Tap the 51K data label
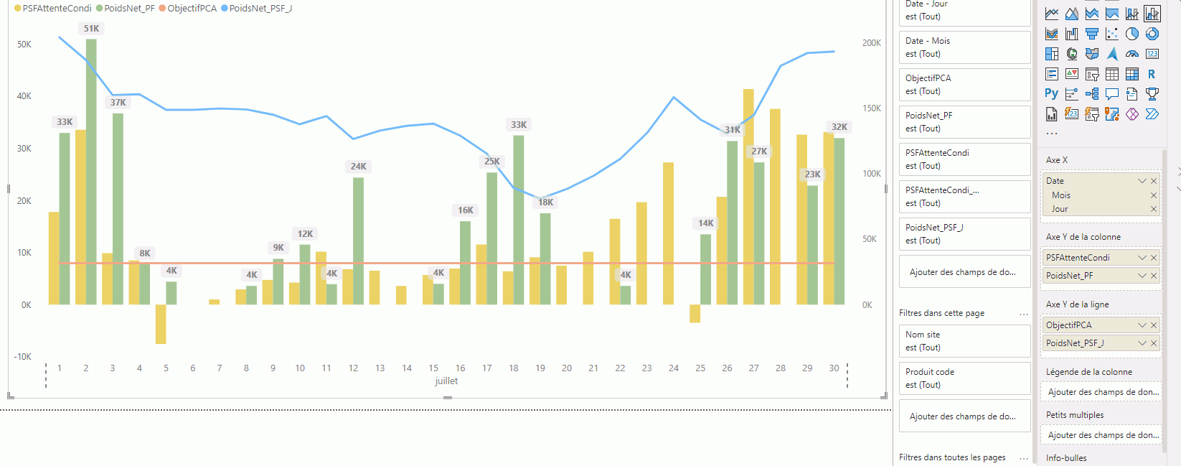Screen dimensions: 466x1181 (x=91, y=29)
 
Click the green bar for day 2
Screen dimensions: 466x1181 (x=91, y=172)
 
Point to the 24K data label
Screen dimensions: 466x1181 (x=358, y=167)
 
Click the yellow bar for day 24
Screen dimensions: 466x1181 (x=668, y=233)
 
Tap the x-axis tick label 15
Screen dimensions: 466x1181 (x=433, y=368)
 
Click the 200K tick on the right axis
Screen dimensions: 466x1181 (x=871, y=43)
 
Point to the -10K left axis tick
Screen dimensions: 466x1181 (x=22, y=357)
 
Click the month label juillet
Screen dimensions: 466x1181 (x=446, y=381)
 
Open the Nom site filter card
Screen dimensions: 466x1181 (x=964, y=341)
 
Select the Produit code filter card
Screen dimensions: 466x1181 (x=964, y=378)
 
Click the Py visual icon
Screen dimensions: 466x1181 (x=1051, y=94)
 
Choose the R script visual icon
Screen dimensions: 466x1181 (x=1152, y=74)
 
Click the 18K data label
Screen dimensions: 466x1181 (x=545, y=202)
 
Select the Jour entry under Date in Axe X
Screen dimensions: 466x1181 (x=1060, y=209)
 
